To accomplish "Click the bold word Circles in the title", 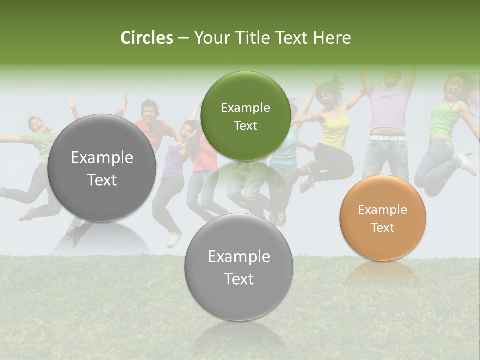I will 146,38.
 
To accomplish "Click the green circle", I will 245,116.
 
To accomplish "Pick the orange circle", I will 383,218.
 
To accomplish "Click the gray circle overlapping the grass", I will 239,267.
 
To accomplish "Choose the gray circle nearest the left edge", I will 102,168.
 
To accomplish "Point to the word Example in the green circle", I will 245,107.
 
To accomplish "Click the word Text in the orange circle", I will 383,227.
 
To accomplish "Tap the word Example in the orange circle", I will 383,210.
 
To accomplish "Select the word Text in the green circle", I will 245,125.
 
